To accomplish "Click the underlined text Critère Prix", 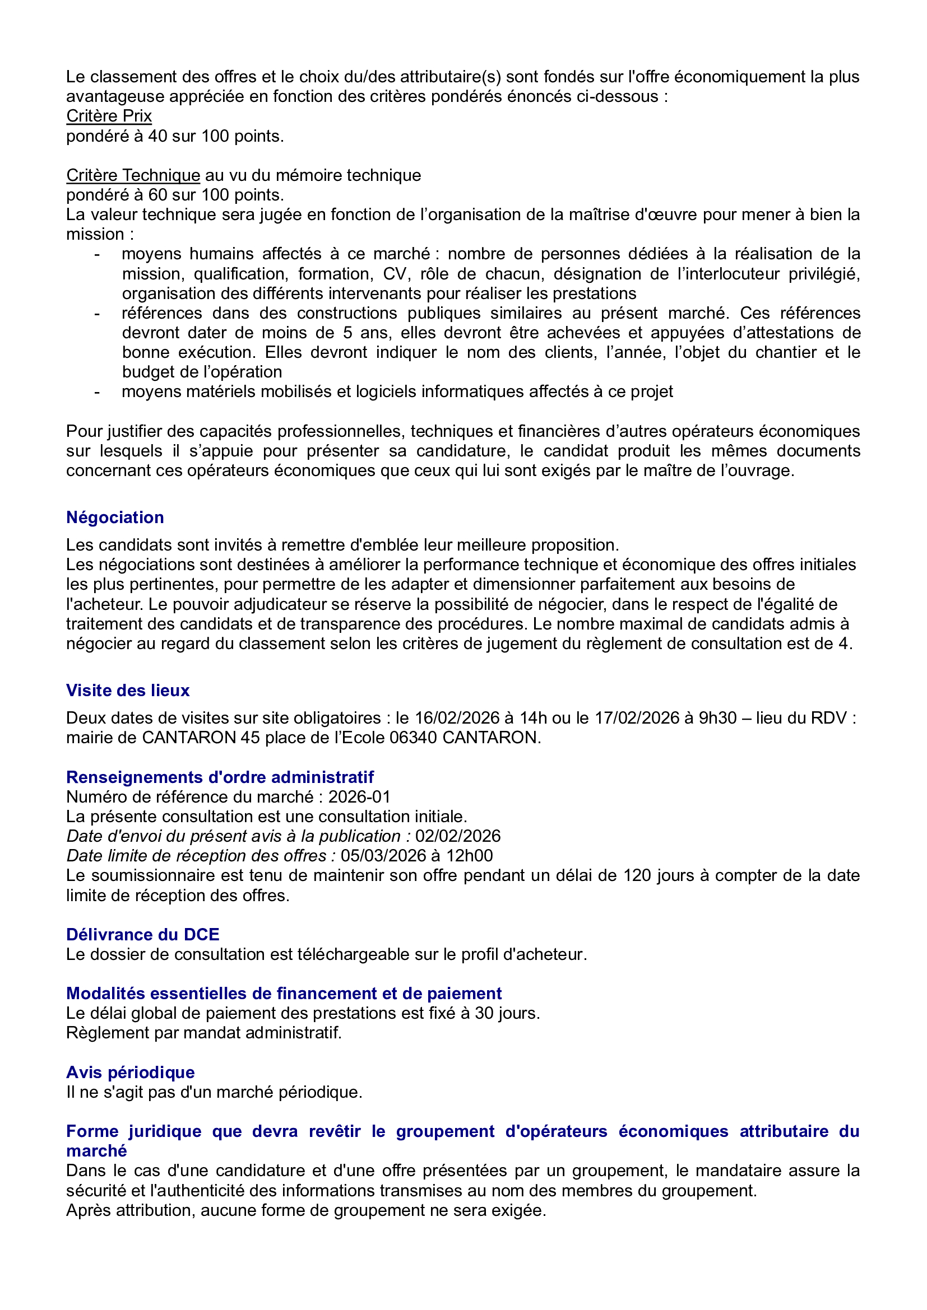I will click(x=109, y=116).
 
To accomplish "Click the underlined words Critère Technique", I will click(x=133, y=175).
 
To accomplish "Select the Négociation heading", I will click(x=115, y=518).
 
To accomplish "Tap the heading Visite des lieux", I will click(x=128, y=691).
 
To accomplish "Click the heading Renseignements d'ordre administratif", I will click(x=220, y=777).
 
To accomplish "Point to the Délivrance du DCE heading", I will click(x=143, y=935).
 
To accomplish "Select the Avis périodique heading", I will click(x=130, y=1073).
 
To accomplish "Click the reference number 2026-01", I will click(x=359, y=797).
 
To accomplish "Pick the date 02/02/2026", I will click(x=458, y=836).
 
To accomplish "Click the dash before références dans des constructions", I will click(x=97, y=313).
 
